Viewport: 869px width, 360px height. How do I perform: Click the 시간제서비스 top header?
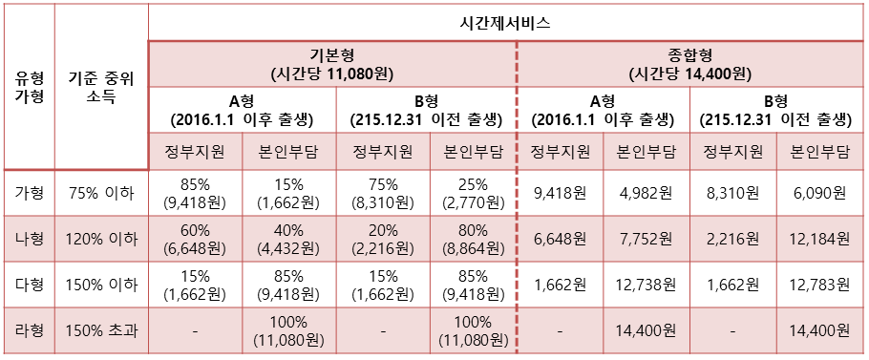click(506, 22)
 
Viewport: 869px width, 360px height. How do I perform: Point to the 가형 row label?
click(28, 193)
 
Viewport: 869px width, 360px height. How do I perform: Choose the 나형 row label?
click(28, 239)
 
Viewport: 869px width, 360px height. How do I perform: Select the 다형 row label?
click(28, 285)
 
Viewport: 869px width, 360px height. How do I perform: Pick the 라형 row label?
click(28, 330)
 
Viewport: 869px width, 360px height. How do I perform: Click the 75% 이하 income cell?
click(101, 193)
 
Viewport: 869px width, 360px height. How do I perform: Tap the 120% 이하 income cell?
click(101, 239)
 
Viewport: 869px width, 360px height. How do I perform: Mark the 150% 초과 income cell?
click(101, 330)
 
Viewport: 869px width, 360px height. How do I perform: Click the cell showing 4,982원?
click(646, 193)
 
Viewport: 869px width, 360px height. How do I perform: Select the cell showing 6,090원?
click(821, 193)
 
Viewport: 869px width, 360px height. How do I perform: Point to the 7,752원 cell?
click(646, 239)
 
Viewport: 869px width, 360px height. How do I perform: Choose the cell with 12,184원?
click(821, 239)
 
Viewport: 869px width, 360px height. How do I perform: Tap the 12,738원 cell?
click(646, 285)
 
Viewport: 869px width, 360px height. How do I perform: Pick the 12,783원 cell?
click(821, 285)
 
